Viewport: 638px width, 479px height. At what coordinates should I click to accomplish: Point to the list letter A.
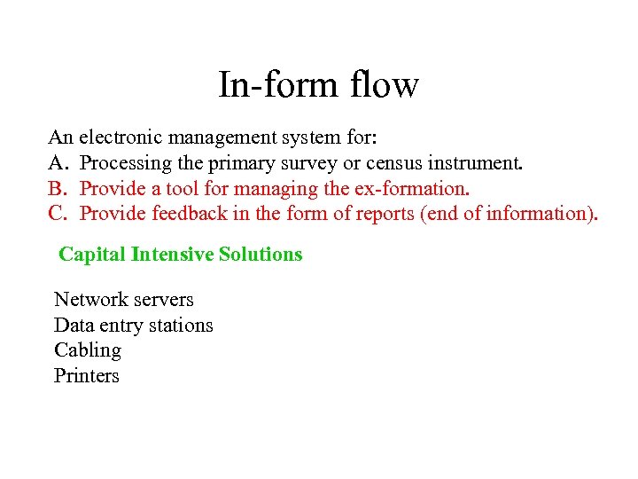coord(57,163)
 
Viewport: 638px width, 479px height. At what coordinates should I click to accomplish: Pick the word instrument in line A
coord(471,163)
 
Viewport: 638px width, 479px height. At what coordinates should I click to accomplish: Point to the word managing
coord(273,189)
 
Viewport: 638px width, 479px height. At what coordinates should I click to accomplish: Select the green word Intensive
coord(172,255)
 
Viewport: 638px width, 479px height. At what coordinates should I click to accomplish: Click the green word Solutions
coord(261,255)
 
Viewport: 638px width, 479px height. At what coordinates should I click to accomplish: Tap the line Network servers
coord(123,300)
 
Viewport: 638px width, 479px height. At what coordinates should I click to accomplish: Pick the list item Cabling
coord(87,350)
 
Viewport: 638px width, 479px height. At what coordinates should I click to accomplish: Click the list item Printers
coord(86,376)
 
